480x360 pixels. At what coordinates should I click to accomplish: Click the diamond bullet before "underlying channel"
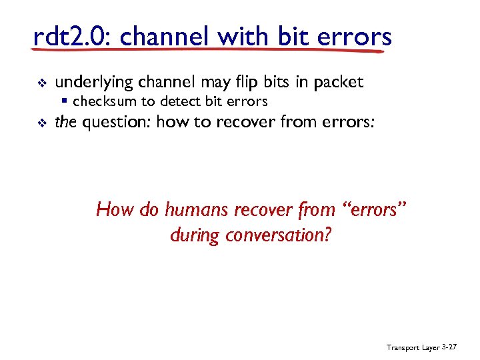[38, 83]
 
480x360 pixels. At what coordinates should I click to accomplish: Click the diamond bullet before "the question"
[38, 123]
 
